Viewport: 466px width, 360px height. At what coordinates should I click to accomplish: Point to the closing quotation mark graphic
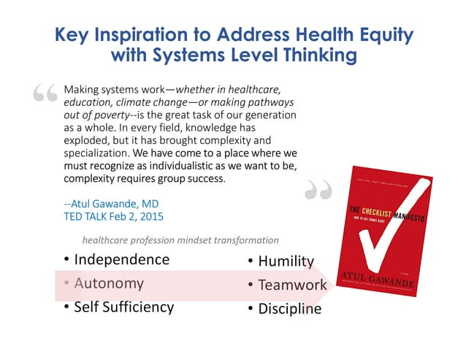pyautogui.click(x=318, y=191)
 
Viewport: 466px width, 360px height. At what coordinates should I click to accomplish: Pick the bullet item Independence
pyautogui.click(x=121, y=259)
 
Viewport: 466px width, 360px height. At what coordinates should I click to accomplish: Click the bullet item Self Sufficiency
pyautogui.click(x=123, y=307)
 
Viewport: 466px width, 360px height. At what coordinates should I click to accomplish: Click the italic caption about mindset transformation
pyautogui.click(x=180, y=240)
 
